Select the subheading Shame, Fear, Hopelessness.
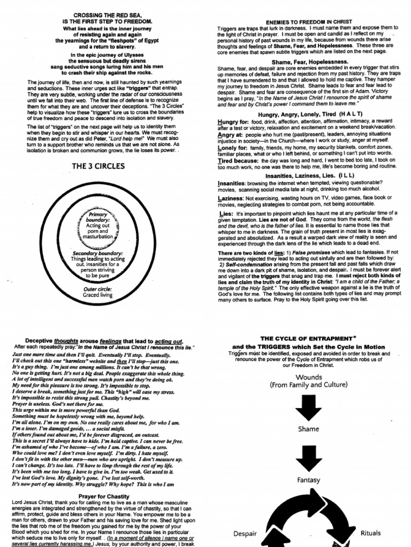point(303,62)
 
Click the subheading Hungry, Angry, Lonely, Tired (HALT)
point(303,114)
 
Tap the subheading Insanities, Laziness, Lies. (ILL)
point(303,175)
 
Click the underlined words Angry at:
point(231,135)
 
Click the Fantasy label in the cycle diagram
point(308,480)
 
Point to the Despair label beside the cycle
point(245,533)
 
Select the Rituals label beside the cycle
point(371,533)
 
